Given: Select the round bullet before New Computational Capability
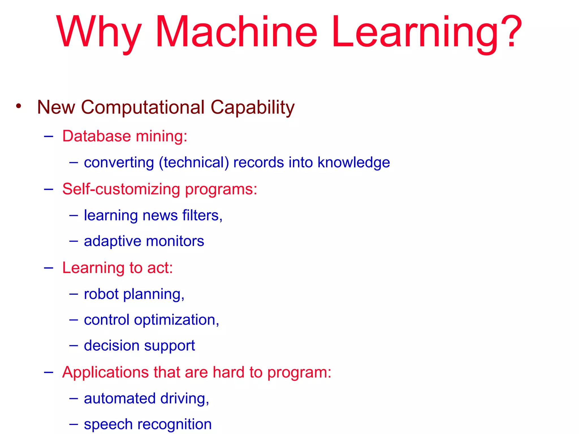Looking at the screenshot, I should coord(19,106).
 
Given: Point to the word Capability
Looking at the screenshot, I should coord(252,108).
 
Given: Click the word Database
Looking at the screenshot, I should coord(96,136).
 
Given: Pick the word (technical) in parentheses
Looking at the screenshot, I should coord(194,162).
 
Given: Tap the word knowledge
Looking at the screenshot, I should coord(353,162).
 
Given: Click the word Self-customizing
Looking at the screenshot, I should coord(121,189).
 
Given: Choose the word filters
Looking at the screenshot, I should coord(202,215).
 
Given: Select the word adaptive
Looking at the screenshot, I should coord(113,242).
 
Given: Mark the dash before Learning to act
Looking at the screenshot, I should coord(49,267).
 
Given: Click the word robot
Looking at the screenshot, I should coord(101,294).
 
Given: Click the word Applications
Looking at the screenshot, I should coord(105,372).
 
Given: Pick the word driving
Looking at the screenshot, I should coord(184,399).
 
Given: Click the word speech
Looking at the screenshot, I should coord(108,424).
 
